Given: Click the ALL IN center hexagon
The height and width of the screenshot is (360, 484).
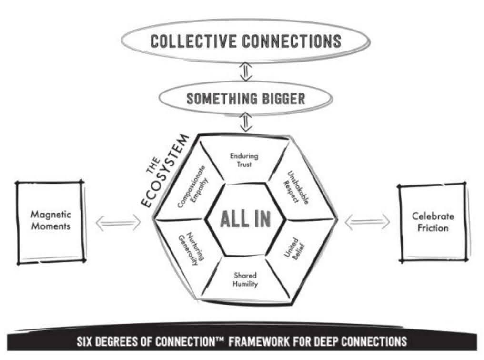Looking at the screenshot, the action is [246, 219].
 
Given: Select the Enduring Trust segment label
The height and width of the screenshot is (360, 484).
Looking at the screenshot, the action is [244, 160].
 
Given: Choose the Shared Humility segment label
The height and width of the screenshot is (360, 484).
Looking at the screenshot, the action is [245, 279].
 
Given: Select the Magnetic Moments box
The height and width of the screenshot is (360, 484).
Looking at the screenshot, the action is [51, 221].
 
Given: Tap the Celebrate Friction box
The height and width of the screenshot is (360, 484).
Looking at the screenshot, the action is [433, 222].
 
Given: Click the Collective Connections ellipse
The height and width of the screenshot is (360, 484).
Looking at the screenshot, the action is [245, 41].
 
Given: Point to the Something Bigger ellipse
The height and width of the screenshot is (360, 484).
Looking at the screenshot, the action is [245, 99].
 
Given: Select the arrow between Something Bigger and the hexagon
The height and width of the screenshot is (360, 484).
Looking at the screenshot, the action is [245, 123].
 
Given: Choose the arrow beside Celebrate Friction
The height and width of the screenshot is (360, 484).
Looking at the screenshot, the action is [367, 222].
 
